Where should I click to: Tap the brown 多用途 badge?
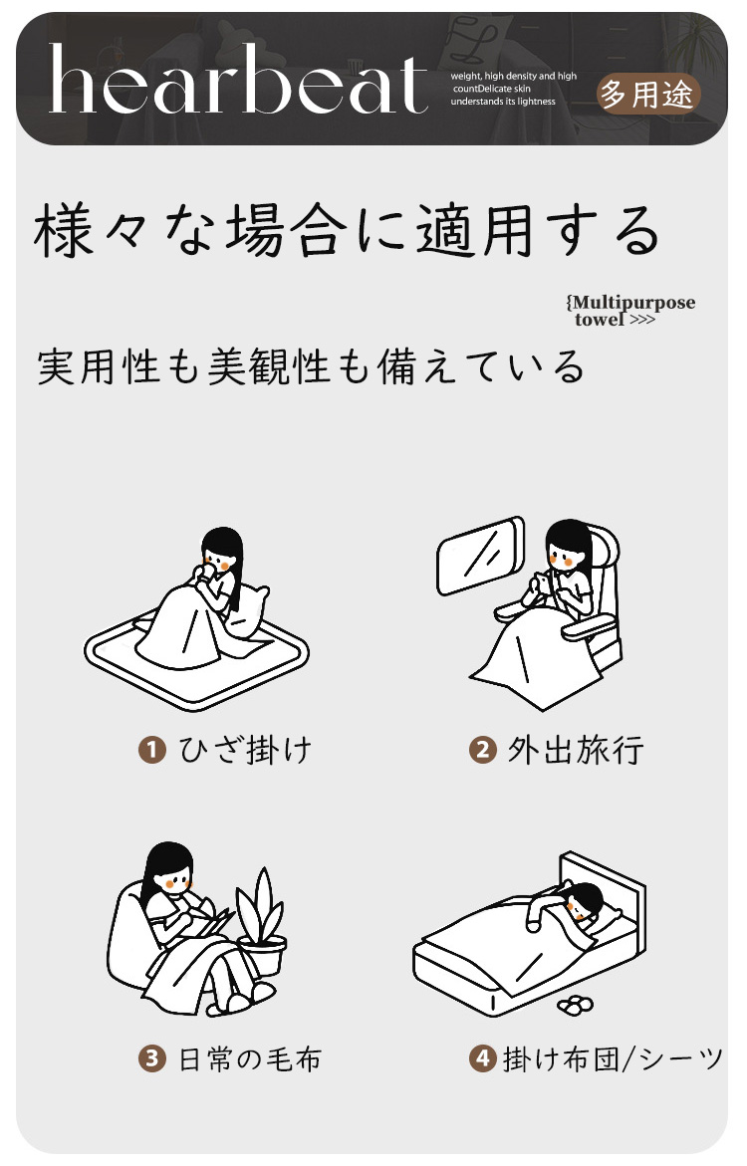pyautogui.click(x=647, y=94)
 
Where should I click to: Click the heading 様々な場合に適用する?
pyautogui.click(x=347, y=230)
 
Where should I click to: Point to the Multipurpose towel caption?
pyautogui.click(x=630, y=310)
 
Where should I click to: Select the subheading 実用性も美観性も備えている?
pyautogui.click(x=311, y=365)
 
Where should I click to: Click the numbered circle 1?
pyautogui.click(x=152, y=749)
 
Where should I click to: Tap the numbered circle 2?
pyautogui.click(x=482, y=749)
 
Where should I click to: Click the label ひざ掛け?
pyautogui.click(x=246, y=750)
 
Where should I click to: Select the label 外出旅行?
pyautogui.click(x=575, y=750)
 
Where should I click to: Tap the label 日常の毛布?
pyautogui.click(x=250, y=1058)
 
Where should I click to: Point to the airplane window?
pyautogui.click(x=481, y=556)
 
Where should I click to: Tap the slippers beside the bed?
pyautogui.click(x=575, y=1005)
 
